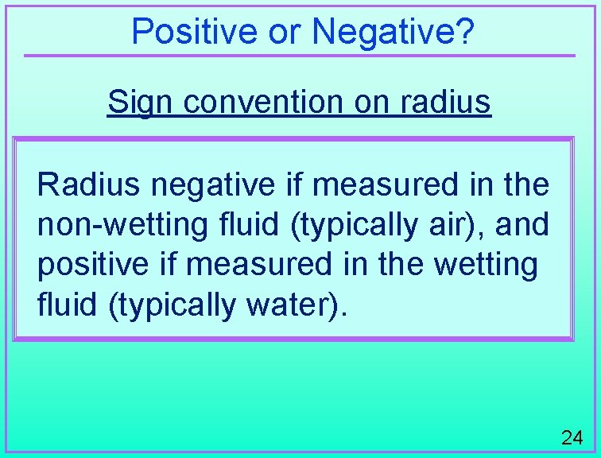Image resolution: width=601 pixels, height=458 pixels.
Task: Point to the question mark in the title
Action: click(x=467, y=32)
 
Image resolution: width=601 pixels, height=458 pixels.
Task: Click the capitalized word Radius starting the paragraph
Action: click(x=88, y=185)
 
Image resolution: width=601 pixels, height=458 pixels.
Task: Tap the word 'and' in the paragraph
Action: click(x=522, y=225)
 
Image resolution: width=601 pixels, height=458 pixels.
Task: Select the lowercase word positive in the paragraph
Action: click(x=91, y=265)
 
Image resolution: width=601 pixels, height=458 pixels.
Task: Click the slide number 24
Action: click(x=572, y=437)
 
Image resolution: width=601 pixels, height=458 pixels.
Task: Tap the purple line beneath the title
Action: click(x=299, y=56)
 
